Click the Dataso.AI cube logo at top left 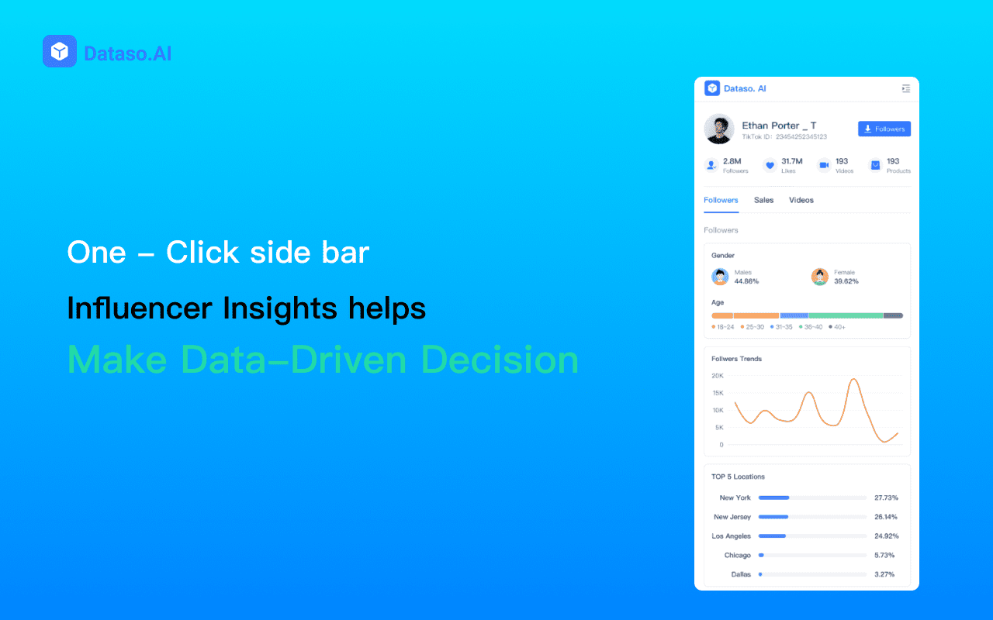pyautogui.click(x=60, y=51)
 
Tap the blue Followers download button pyautogui.click(x=884, y=129)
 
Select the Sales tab pyautogui.click(x=763, y=200)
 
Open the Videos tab pyautogui.click(x=801, y=200)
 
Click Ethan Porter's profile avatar pyautogui.click(x=719, y=129)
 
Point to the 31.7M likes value pyautogui.click(x=791, y=161)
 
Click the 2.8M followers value pyautogui.click(x=732, y=161)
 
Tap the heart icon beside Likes pyautogui.click(x=770, y=165)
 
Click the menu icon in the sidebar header pyautogui.click(x=905, y=88)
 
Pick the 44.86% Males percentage pyautogui.click(x=746, y=281)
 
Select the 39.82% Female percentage pyautogui.click(x=846, y=281)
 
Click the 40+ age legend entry pyautogui.click(x=838, y=327)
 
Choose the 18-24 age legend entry pyautogui.click(x=724, y=327)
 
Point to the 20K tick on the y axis pyautogui.click(x=718, y=376)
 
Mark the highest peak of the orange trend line pyautogui.click(x=854, y=379)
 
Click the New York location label pyautogui.click(x=735, y=498)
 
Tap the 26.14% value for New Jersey pyautogui.click(x=885, y=517)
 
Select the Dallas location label pyautogui.click(x=740, y=574)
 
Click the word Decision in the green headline pyautogui.click(x=500, y=360)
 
